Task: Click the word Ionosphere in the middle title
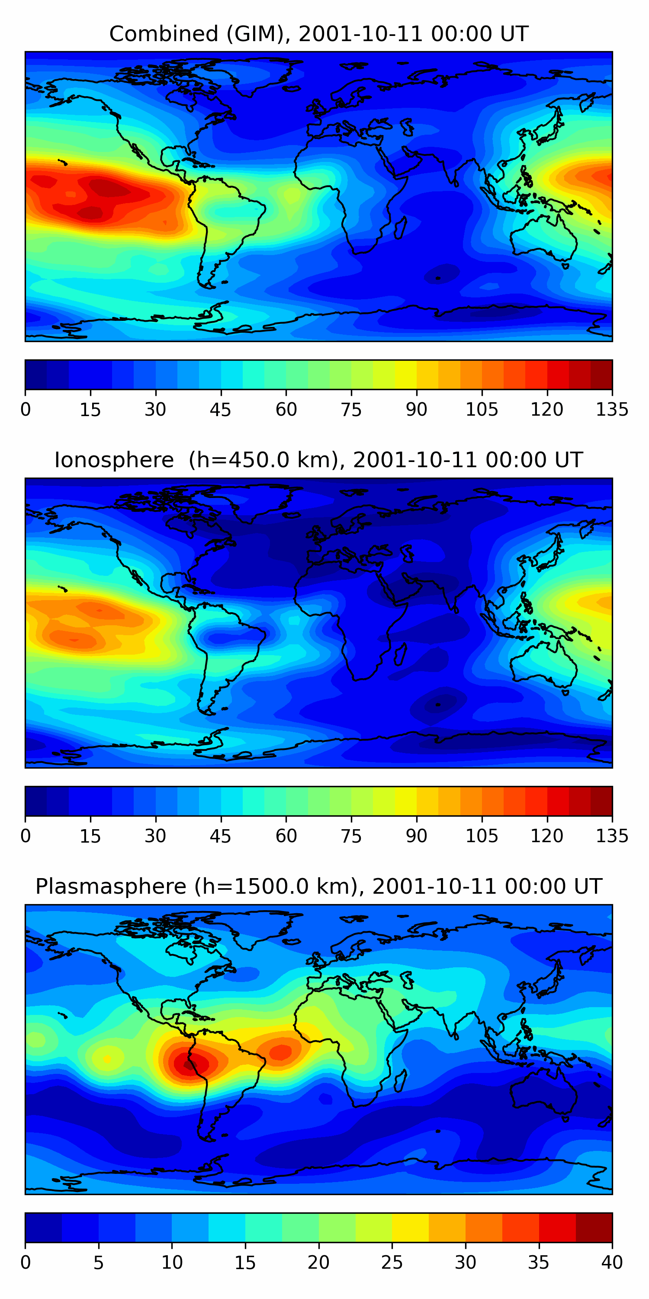pyautogui.click(x=114, y=460)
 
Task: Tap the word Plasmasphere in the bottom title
pyautogui.click(x=111, y=886)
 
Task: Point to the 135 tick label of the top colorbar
pyautogui.click(x=612, y=410)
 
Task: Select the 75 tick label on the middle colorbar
pyautogui.click(x=351, y=836)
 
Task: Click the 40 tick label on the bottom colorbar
pyautogui.click(x=612, y=1262)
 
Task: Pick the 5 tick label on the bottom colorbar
pyautogui.click(x=98, y=1262)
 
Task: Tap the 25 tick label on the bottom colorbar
pyautogui.click(x=392, y=1262)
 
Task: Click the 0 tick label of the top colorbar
pyautogui.click(x=26, y=410)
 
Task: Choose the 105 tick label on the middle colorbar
pyautogui.click(x=481, y=836)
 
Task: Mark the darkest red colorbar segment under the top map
pyautogui.click(x=601, y=375)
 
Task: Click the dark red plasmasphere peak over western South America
pyautogui.click(x=189, y=1064)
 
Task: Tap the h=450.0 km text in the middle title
pyautogui.click(x=263, y=460)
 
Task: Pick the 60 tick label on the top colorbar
pyautogui.click(x=286, y=410)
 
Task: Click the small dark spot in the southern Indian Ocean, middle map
pyautogui.click(x=437, y=704)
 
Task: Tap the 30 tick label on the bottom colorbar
pyautogui.click(x=465, y=1262)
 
